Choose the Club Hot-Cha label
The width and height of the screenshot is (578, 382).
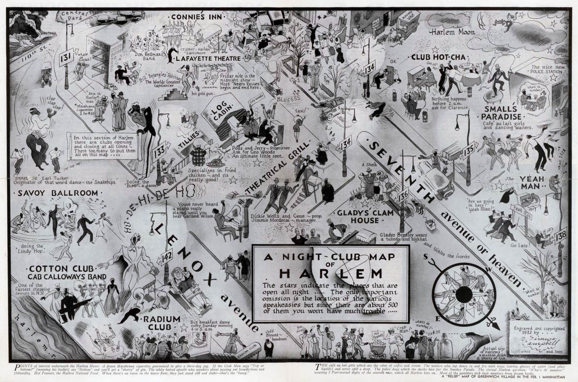coord(438,57)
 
